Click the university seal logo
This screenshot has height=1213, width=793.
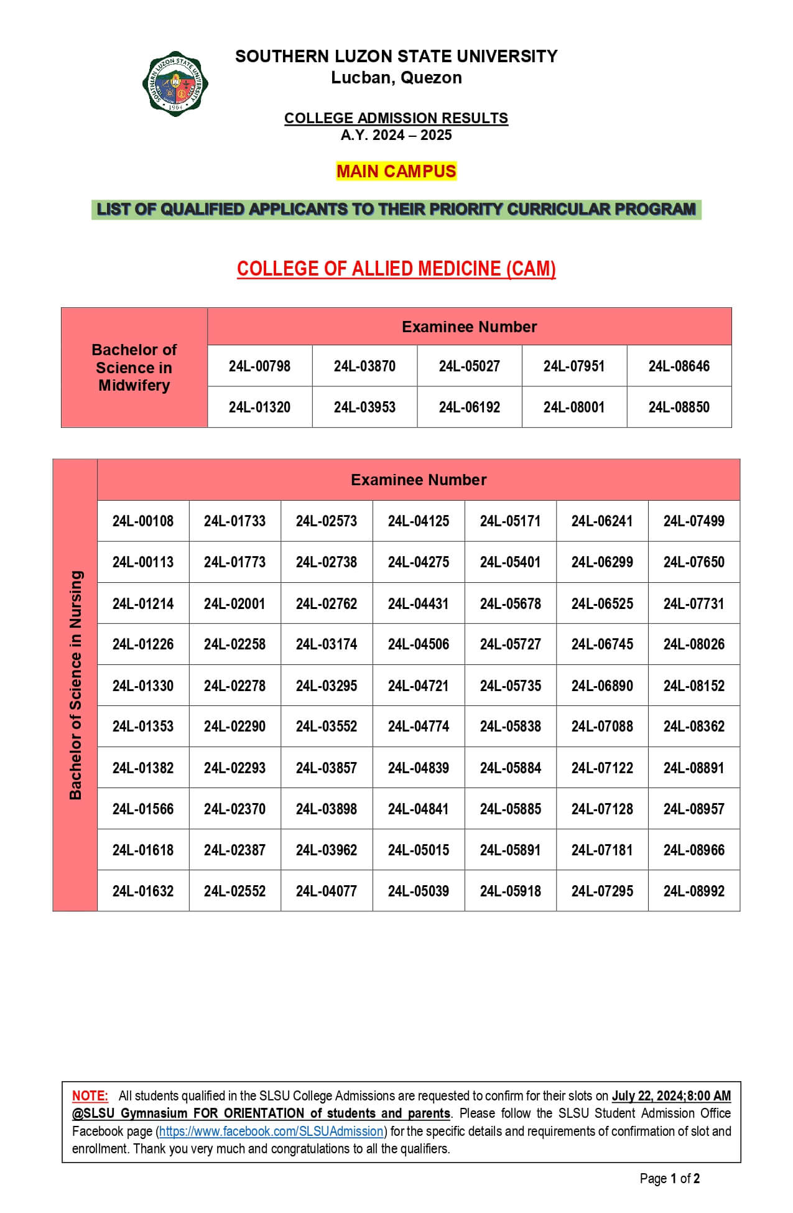point(175,84)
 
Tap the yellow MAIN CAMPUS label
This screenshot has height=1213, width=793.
point(396,171)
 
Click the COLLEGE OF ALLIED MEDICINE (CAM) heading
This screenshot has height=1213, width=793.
point(396,269)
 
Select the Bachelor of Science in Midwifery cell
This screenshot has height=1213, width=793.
point(134,368)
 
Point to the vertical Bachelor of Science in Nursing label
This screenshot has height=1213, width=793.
point(75,685)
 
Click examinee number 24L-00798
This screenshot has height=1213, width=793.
point(259,366)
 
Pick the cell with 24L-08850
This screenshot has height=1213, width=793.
point(679,407)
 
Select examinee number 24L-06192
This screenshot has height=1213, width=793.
point(469,407)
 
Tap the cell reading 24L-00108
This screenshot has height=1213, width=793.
point(143,521)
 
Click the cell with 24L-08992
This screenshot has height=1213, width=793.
point(693,891)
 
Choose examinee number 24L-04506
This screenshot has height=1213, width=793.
point(419,644)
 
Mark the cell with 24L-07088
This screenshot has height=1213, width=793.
point(602,726)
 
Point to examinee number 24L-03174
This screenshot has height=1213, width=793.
point(327,644)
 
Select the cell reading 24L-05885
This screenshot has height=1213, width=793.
point(510,809)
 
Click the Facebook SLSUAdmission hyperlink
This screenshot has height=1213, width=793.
point(272,1131)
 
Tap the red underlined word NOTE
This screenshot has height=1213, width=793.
point(90,1095)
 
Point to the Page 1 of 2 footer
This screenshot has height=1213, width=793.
point(670,1178)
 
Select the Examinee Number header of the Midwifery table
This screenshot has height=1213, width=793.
point(469,327)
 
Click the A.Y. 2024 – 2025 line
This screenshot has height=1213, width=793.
point(396,135)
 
